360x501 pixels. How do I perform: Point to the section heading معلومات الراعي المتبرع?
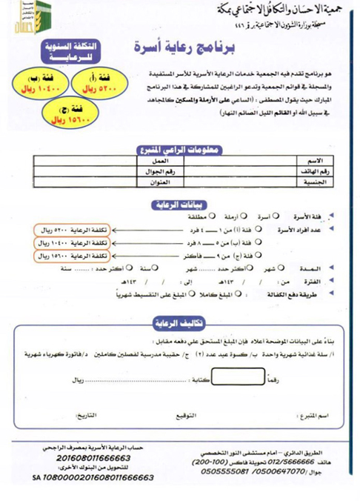pyautogui.click(x=180, y=150)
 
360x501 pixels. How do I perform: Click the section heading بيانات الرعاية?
pyautogui.click(x=180, y=205)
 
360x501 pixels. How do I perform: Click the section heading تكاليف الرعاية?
pyautogui.click(x=180, y=324)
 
